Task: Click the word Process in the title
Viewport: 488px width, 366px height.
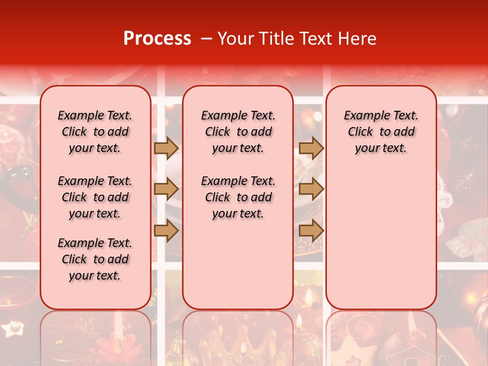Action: click(x=157, y=39)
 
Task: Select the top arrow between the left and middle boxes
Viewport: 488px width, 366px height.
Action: click(x=166, y=148)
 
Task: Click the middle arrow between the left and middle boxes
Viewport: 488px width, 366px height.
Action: click(x=166, y=190)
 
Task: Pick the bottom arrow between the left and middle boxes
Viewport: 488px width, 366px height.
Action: click(x=166, y=231)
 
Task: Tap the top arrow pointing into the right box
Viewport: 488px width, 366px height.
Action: click(x=311, y=148)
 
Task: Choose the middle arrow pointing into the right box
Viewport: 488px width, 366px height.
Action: click(x=311, y=190)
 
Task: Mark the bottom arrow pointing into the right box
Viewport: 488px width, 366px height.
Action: click(x=311, y=231)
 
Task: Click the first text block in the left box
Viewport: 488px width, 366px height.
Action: click(x=95, y=132)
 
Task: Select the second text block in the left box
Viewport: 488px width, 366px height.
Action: click(x=95, y=197)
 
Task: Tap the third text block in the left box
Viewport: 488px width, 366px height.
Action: click(x=95, y=259)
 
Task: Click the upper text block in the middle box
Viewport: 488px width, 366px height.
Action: click(x=238, y=132)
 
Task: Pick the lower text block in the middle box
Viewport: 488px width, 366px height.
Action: click(x=238, y=197)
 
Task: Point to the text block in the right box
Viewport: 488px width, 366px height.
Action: click(x=381, y=132)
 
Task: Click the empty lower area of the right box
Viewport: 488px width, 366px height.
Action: click(x=381, y=239)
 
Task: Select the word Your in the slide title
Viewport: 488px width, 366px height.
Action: click(x=235, y=39)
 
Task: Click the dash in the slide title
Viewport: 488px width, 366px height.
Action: click(x=205, y=39)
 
